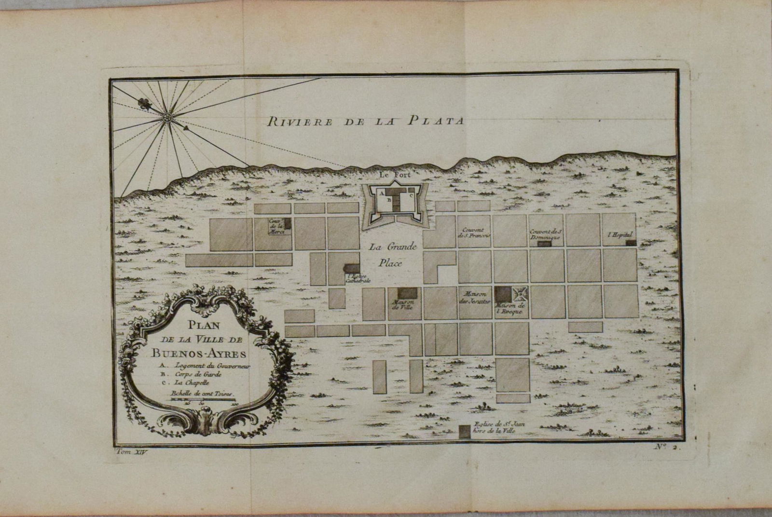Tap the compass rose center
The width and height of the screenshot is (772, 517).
[167, 117]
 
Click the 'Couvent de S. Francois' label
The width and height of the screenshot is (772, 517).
[475, 232]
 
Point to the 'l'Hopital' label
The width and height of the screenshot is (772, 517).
[620, 234]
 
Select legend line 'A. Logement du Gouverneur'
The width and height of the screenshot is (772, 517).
[203, 366]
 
